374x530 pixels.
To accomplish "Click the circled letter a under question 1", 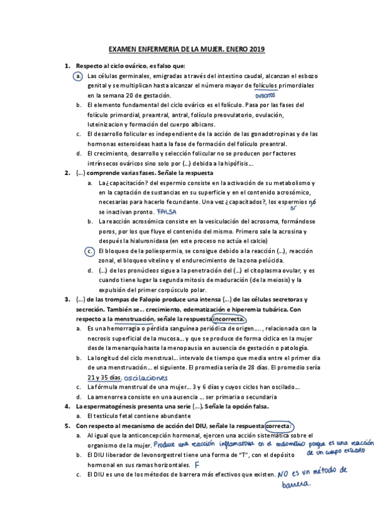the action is [x=78, y=76].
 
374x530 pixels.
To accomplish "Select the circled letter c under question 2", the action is [x=90, y=251].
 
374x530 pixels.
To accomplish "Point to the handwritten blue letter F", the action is [x=197, y=465].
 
